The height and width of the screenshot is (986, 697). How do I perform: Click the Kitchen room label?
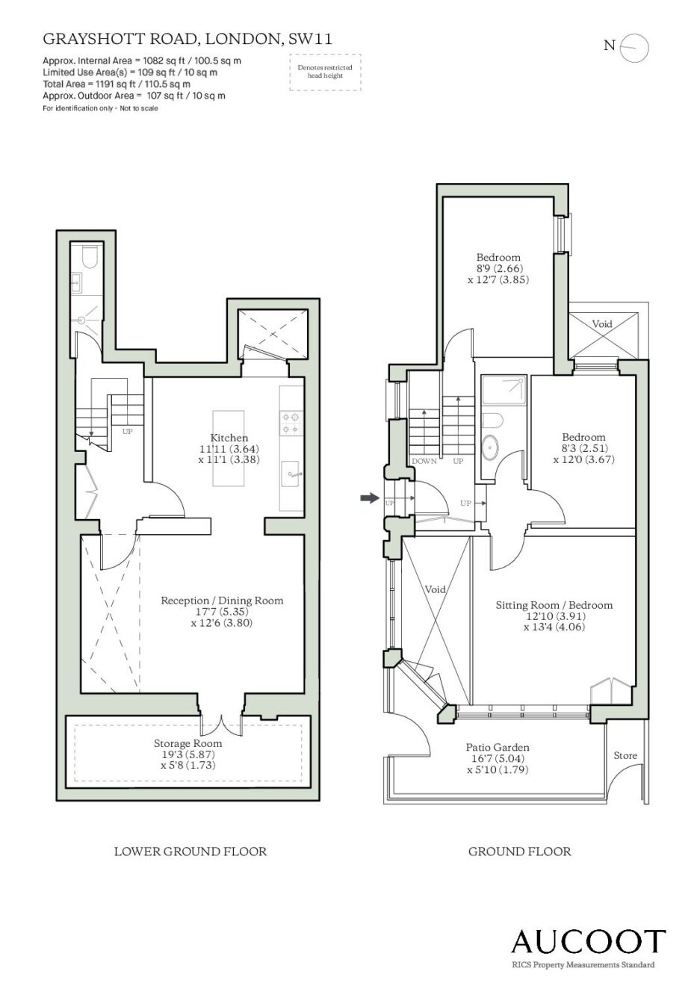pos(229,438)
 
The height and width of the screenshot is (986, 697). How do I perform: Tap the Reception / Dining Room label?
pos(222,601)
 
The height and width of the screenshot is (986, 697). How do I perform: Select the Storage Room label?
pos(188,743)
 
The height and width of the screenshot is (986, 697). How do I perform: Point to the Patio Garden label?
pos(498,747)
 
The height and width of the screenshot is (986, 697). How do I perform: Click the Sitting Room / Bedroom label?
pos(554,605)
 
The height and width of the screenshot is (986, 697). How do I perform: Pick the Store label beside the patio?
pos(625,755)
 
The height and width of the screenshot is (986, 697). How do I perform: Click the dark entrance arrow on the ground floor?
pos(370,497)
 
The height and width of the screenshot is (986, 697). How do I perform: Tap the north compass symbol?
pos(634,47)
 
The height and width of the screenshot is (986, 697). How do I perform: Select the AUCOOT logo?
pos(588,941)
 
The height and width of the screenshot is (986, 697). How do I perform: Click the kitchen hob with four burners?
pos(291,422)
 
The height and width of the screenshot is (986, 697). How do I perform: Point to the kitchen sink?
pos(290,474)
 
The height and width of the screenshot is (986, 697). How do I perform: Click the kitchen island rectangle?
pos(229,448)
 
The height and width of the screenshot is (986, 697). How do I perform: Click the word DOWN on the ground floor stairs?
pos(424,462)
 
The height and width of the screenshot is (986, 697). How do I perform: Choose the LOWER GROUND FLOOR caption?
pos(190,852)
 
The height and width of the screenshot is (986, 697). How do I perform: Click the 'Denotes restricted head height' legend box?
pos(325,72)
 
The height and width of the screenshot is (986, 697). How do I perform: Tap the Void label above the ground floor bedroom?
pos(602,324)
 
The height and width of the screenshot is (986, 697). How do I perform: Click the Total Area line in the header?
pos(117,84)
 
